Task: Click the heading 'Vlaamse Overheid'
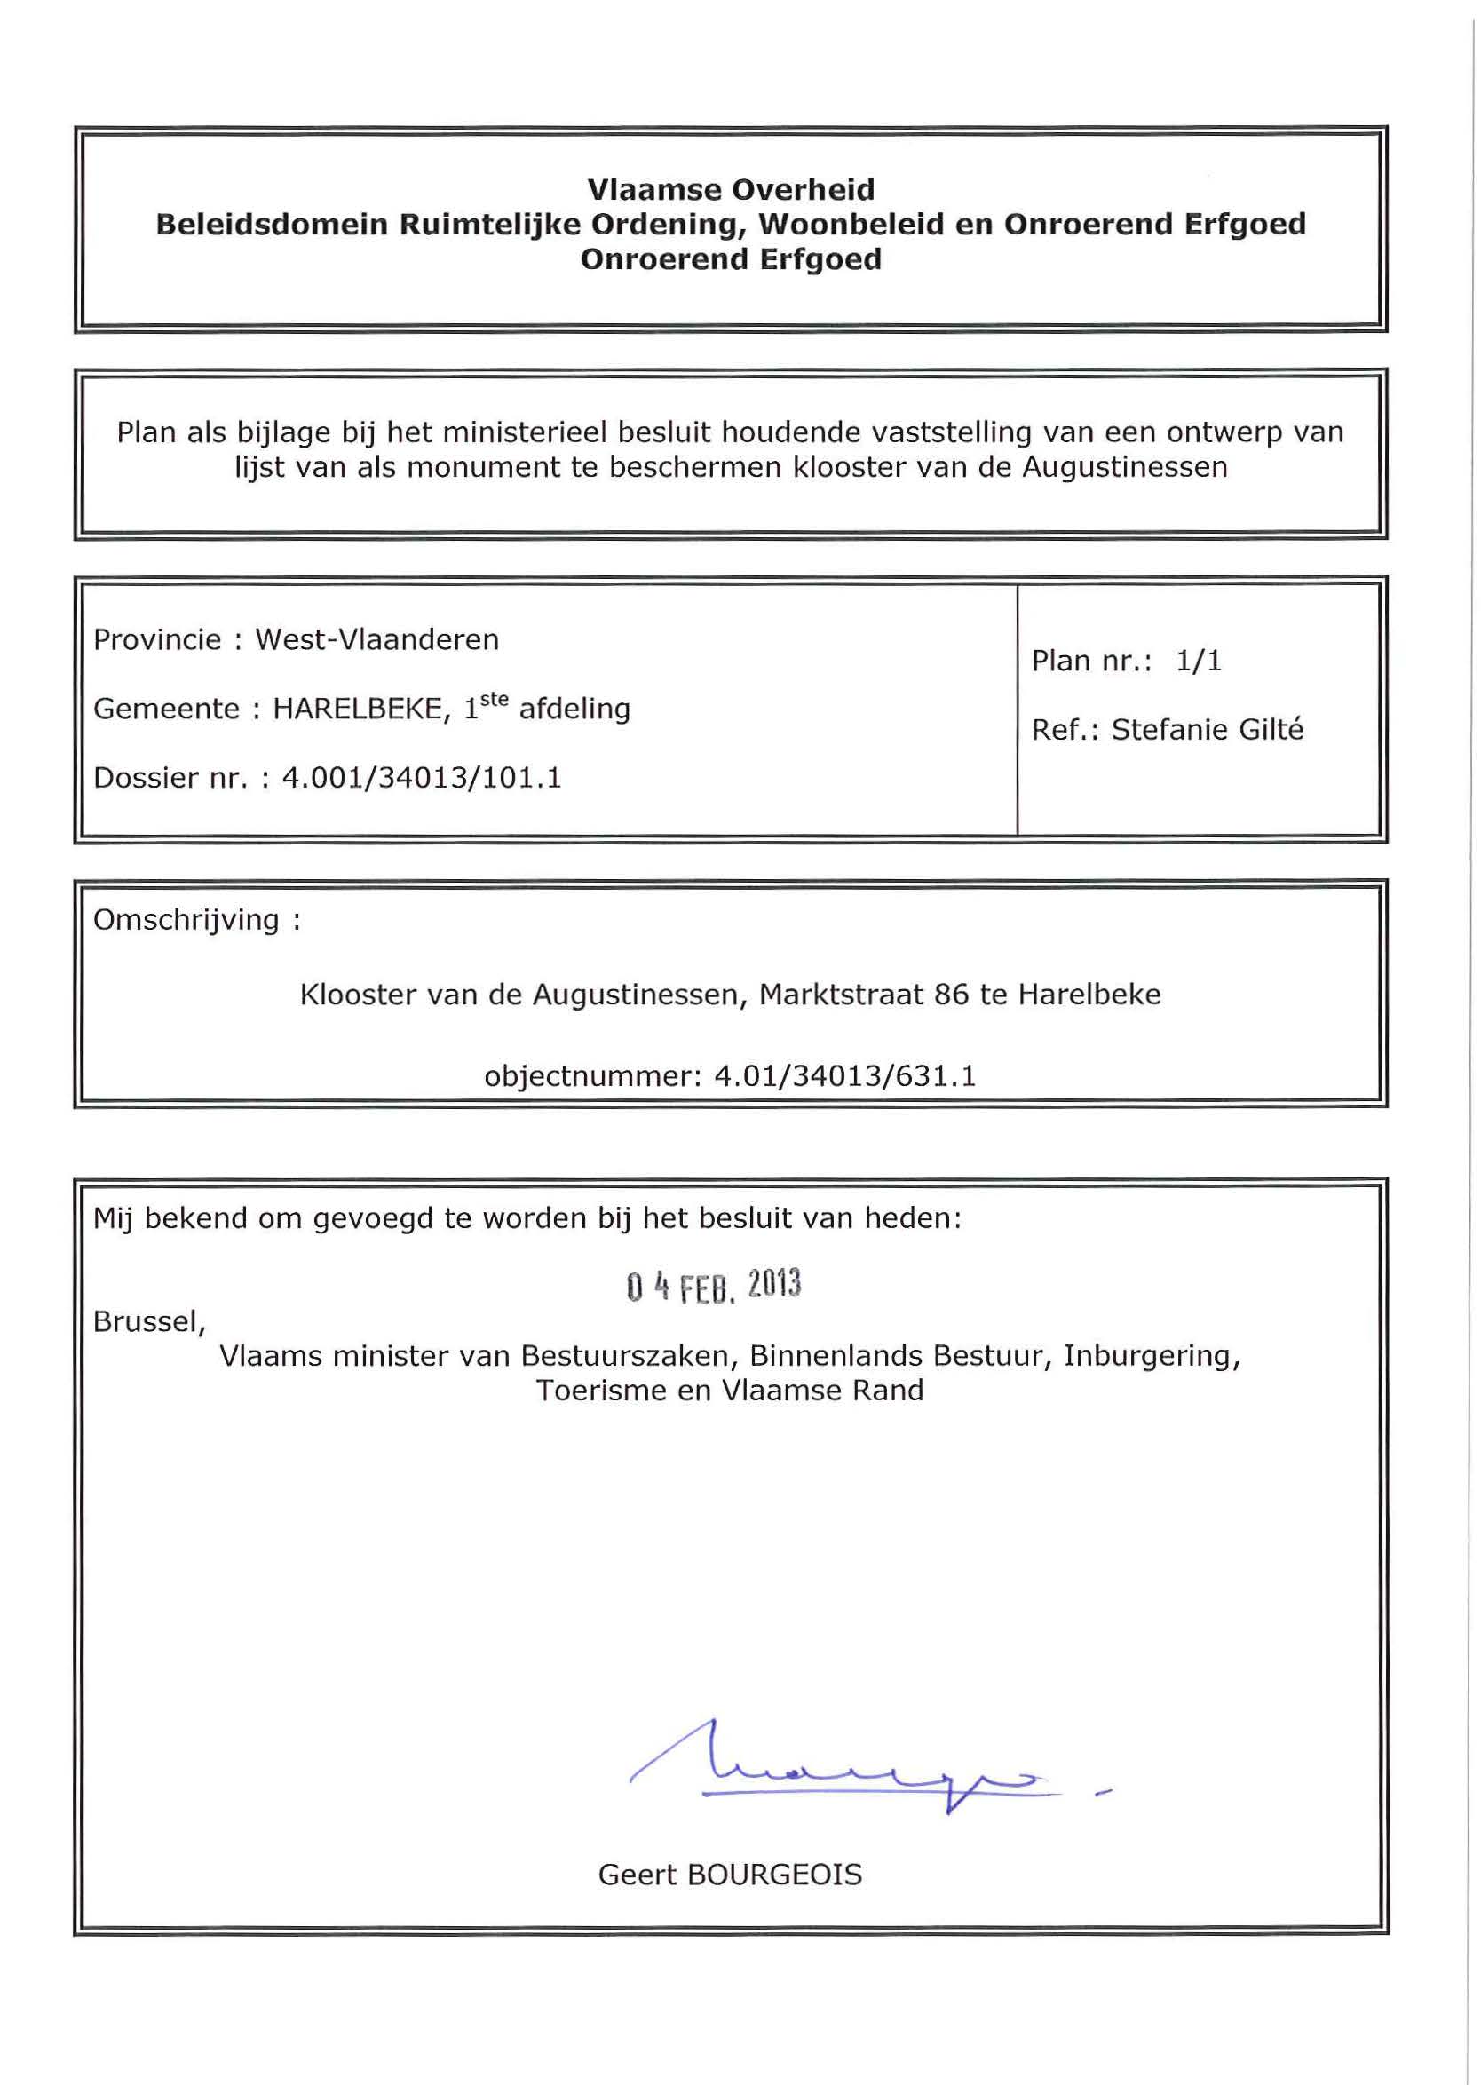[x=731, y=190]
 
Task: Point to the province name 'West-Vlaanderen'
[x=376, y=639]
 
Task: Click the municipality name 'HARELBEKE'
[x=359, y=709]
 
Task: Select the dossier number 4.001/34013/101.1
[x=422, y=778]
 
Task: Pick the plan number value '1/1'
[x=1199, y=661]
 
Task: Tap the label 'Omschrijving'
[x=186, y=919]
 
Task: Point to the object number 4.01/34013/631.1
[x=844, y=1076]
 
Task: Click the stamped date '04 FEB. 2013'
[x=713, y=1285]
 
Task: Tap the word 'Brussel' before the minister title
[x=147, y=1321]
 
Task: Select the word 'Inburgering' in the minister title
[x=1151, y=1356]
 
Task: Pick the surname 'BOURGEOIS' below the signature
[x=774, y=1875]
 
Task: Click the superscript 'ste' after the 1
[x=494, y=700]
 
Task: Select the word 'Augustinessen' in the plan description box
[x=1124, y=467]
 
